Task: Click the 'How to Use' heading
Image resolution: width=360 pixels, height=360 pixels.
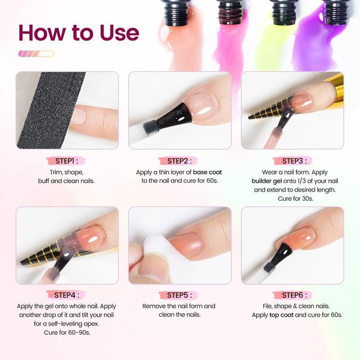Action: point(79,33)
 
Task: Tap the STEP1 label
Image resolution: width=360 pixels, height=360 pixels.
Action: point(67,161)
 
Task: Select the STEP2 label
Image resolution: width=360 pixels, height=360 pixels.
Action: point(180,161)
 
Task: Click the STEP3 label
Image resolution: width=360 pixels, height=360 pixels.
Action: point(292,161)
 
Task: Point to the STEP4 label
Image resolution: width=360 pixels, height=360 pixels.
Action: point(67,295)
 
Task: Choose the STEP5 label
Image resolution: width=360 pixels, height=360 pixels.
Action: point(180,295)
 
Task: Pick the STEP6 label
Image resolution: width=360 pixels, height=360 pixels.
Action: point(292,295)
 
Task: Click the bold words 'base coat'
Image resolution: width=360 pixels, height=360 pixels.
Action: point(207,172)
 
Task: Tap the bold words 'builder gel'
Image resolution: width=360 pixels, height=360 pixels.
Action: point(266,181)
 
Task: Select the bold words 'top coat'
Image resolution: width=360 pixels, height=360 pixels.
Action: point(281,315)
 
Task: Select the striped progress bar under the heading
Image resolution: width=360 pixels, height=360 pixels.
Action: point(36,54)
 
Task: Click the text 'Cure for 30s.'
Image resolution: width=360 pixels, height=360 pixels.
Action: point(292,198)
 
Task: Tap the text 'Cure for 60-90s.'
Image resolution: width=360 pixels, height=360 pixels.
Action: point(67,333)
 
